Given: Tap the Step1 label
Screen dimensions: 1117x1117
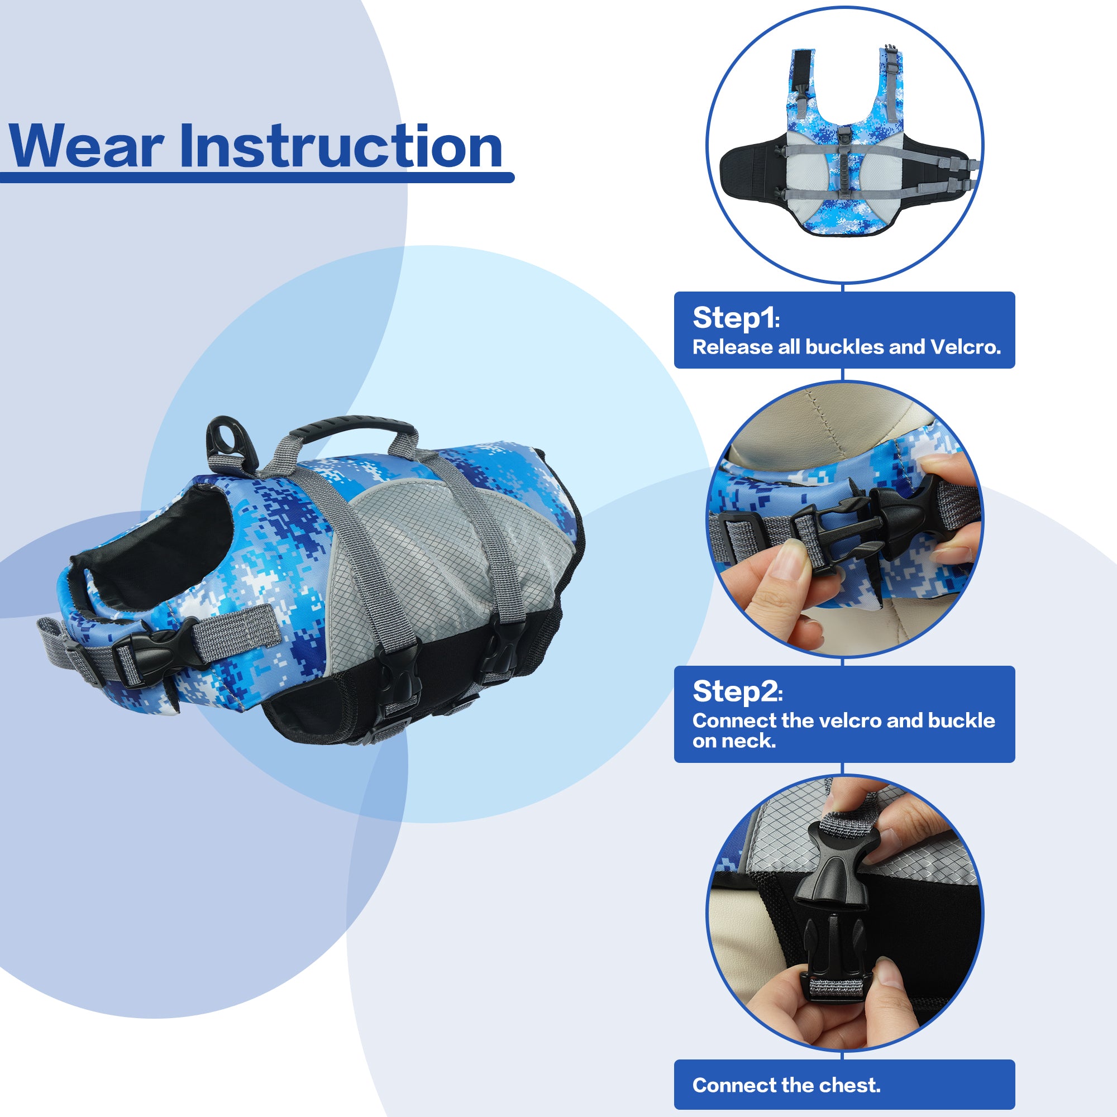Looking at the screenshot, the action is coord(736,318).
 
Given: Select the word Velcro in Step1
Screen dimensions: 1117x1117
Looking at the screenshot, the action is coord(965,347).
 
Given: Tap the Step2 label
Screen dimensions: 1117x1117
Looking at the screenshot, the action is coord(737,692).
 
